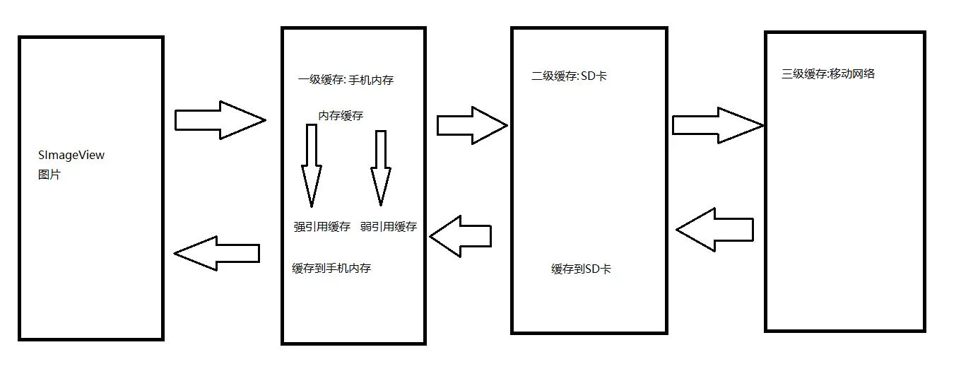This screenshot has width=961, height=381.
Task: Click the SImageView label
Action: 71,155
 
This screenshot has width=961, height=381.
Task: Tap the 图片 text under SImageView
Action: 49,174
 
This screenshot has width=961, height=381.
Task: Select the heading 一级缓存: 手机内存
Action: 346,80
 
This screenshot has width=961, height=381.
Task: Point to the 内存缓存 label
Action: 341,116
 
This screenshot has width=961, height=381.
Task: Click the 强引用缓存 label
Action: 322,227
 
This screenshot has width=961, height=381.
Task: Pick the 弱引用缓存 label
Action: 388,227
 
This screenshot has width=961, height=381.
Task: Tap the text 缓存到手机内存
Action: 331,269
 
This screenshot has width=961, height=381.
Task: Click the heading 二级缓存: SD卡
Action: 569,76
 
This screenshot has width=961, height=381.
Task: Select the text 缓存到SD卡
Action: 582,269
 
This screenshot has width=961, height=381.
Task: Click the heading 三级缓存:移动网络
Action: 828,74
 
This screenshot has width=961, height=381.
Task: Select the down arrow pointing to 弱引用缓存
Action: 381,167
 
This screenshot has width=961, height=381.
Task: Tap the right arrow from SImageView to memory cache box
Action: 219,120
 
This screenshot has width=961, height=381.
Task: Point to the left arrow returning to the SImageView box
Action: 217,253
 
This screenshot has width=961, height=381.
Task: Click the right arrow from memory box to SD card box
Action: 471,126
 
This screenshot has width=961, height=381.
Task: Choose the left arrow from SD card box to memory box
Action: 461,236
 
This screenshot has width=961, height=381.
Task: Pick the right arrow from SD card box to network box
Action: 717,126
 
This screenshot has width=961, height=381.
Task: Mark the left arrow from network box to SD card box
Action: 715,230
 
